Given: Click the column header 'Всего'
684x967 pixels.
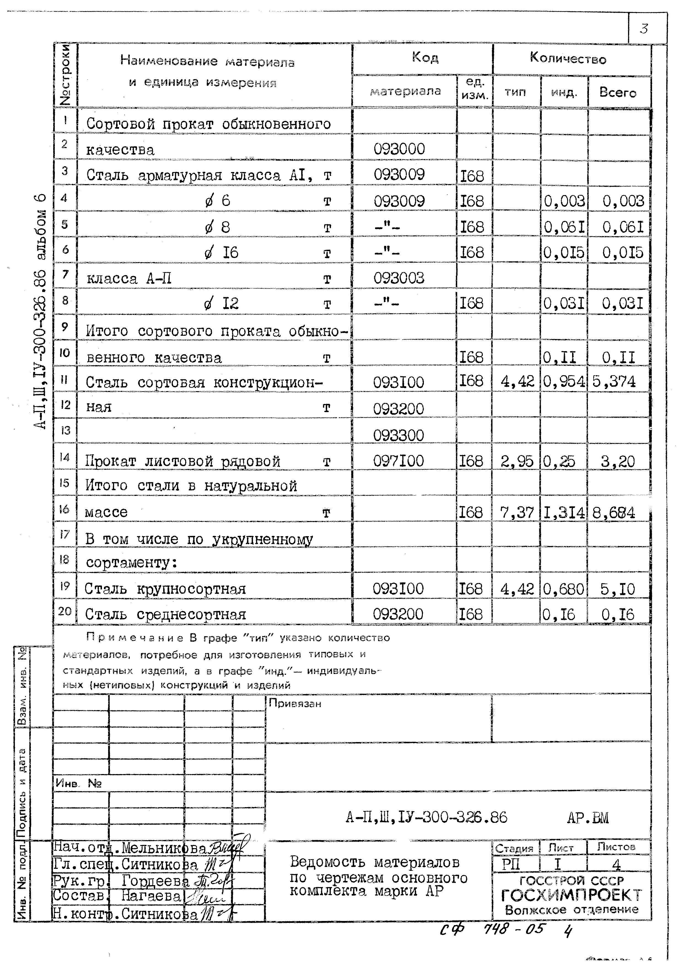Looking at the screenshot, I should (618, 93).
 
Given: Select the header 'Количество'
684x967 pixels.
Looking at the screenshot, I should (568, 58).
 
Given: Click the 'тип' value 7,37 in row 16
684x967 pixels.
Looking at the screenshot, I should (517, 512).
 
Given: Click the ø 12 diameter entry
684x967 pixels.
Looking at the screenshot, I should (222, 303).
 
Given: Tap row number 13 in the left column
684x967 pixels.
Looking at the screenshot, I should (65, 430).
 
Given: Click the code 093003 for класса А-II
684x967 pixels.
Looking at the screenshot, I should (398, 278).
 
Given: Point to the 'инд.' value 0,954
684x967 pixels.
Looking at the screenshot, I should (564, 382).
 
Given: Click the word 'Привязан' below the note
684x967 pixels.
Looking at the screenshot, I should (295, 703).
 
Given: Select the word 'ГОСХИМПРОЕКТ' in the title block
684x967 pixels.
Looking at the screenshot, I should (571, 895).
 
